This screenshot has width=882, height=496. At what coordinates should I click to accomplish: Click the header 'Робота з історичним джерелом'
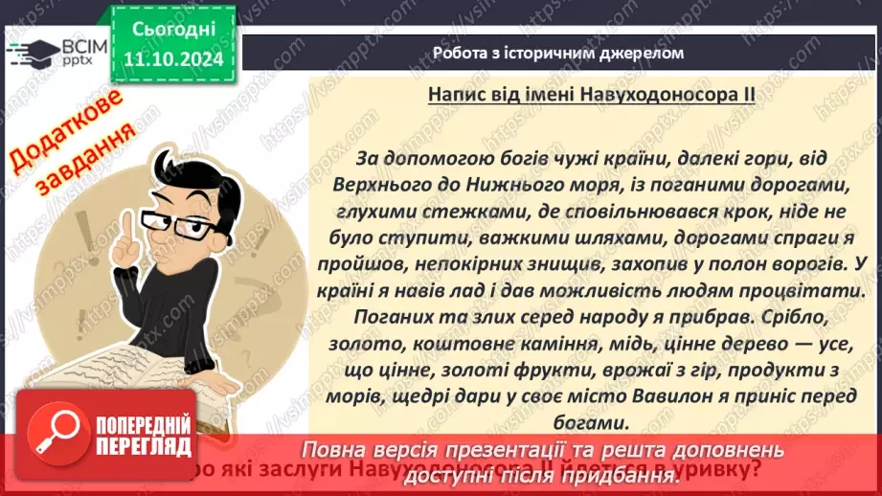tap(558, 53)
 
